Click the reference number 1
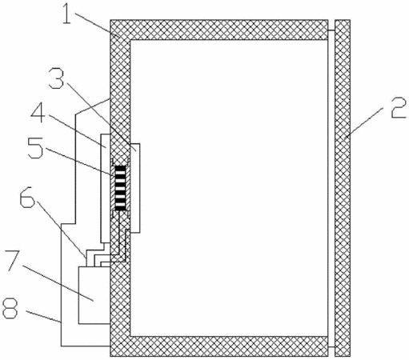[67, 14]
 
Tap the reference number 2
[399, 107]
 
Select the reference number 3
[56, 78]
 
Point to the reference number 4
[38, 113]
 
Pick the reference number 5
[35, 147]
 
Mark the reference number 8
[10, 308]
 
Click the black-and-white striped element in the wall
[120, 188]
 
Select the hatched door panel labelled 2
[343, 188]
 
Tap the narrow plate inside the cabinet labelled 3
[134, 188]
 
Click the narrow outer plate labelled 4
[105, 189]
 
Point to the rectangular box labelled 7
[94, 295]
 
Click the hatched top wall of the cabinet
[219, 30]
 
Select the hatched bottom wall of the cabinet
[219, 346]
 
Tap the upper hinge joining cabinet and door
[331, 30]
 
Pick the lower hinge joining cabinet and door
[331, 347]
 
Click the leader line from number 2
[366, 122]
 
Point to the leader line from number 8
[43, 317]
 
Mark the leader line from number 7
[58, 282]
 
